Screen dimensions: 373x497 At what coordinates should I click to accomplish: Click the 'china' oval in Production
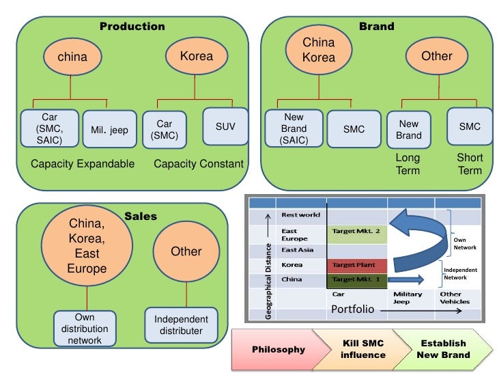tap(72, 57)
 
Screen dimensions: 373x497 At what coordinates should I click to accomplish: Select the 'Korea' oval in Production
tap(196, 56)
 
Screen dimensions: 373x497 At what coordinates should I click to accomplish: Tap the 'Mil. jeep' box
tap(109, 130)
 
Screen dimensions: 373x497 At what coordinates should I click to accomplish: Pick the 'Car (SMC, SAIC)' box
tap(49, 128)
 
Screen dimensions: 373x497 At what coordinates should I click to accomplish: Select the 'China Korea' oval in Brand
tap(319, 51)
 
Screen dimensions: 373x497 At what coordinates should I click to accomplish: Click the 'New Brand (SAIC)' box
tap(294, 128)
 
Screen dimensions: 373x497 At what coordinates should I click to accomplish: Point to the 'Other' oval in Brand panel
tap(436, 56)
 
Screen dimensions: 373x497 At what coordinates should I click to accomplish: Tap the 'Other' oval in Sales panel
tap(186, 251)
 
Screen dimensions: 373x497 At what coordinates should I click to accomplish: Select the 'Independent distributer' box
tap(181, 325)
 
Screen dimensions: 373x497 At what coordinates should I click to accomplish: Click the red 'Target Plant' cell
tap(356, 264)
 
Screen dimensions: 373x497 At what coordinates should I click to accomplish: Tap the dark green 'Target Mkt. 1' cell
tap(356, 280)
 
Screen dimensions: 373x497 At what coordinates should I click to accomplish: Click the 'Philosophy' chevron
tap(279, 349)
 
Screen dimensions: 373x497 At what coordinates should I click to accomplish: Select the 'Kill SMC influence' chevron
tap(363, 349)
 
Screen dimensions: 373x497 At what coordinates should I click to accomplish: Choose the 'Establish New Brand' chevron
tap(443, 349)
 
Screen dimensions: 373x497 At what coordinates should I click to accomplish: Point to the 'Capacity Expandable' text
tap(83, 164)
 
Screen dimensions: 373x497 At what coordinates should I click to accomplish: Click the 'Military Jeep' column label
tap(408, 298)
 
